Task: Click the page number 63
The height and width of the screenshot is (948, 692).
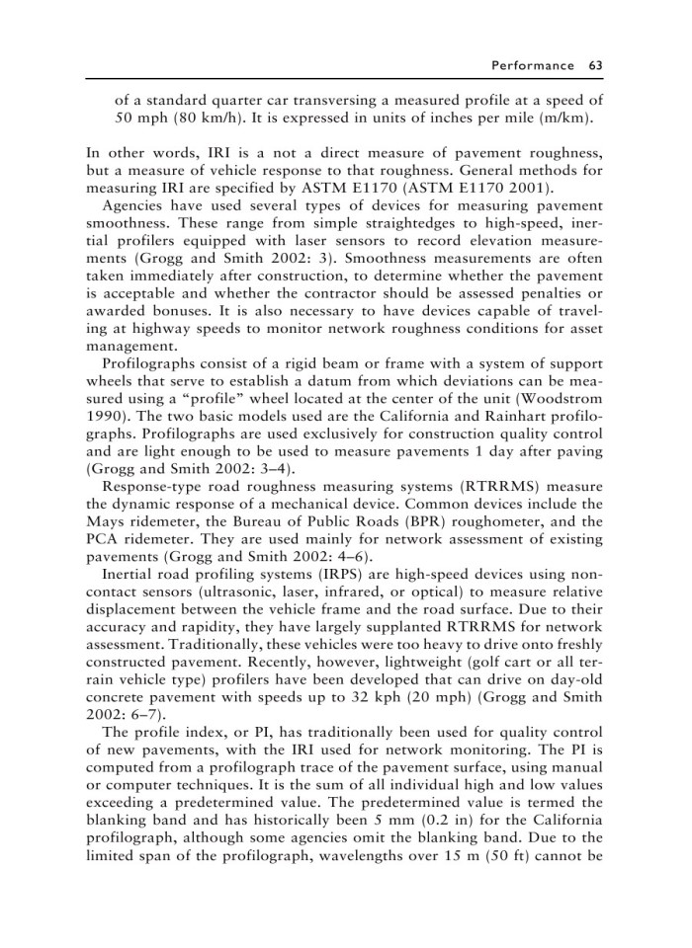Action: pos(595,65)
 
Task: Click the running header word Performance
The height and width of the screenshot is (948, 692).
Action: pos(533,65)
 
